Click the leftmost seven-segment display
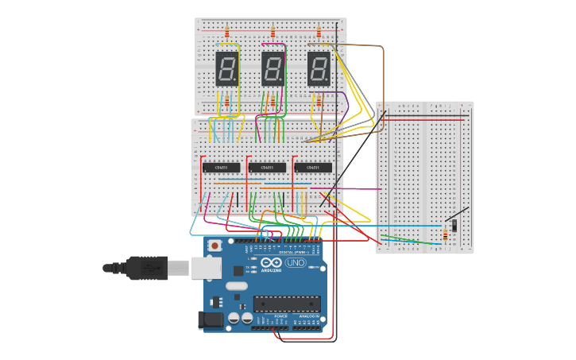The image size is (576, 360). pos(227,69)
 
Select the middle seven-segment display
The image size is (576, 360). pos(273,69)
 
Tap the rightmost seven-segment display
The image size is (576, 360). pos(319,69)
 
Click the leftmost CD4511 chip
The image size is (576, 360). pos(221,168)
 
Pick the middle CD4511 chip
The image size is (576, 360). pos(267,168)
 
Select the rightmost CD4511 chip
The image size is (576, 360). pos(313,168)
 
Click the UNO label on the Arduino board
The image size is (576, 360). pos(295,262)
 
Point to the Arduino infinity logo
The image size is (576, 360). pos(271,263)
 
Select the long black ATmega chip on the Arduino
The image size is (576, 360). pos(287,303)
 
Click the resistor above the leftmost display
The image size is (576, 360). pos(227,33)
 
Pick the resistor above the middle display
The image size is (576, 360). pos(273,33)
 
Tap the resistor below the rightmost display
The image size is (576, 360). pos(319,100)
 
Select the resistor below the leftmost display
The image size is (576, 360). pos(227,100)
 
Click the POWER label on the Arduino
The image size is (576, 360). pos(280,316)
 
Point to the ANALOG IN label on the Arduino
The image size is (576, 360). pos(308,316)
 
